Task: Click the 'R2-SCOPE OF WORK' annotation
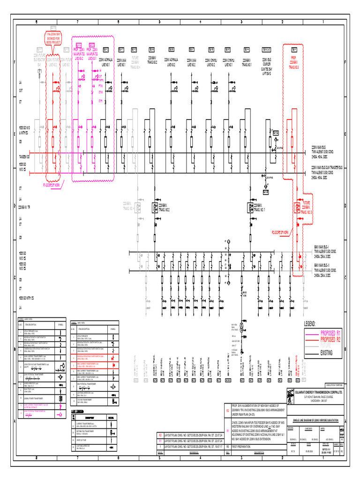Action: coord(282,232)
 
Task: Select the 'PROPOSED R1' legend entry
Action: coord(331,333)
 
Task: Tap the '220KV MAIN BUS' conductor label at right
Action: coord(321,146)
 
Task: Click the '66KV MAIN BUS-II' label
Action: coord(322,265)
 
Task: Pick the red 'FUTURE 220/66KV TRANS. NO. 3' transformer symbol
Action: coord(296,208)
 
